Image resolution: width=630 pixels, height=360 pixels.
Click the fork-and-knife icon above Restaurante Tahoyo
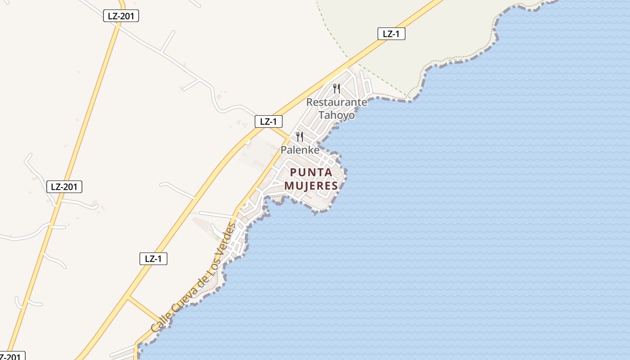pos(337,88)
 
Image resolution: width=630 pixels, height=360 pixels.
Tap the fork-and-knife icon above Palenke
pos(300,136)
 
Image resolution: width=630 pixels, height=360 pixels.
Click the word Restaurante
pos(337,102)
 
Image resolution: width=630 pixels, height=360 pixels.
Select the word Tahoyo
pos(337,115)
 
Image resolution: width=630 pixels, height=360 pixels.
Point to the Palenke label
pos(300,150)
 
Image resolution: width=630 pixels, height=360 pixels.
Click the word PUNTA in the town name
pos(311,172)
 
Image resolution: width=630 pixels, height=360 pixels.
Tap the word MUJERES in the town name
pos(311,185)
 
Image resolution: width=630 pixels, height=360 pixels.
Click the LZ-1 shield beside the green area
pos(391,34)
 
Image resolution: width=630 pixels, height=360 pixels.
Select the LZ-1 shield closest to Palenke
pos(269,121)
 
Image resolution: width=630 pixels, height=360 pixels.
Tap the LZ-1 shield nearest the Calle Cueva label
pos(153,259)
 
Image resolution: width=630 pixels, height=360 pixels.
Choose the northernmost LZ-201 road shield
pos(121,16)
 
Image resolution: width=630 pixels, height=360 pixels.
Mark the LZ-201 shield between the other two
pos(64,186)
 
